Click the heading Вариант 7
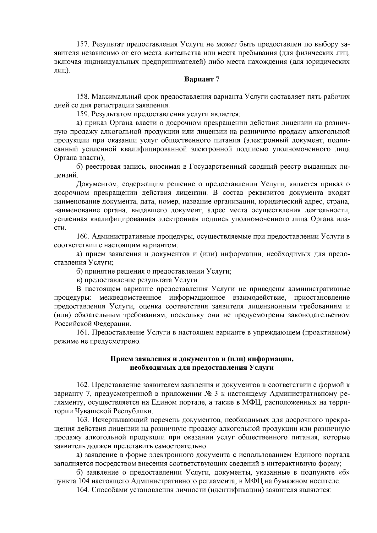201,79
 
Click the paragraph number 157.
83,44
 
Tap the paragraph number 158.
83,97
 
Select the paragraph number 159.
83,114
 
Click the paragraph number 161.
83,332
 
